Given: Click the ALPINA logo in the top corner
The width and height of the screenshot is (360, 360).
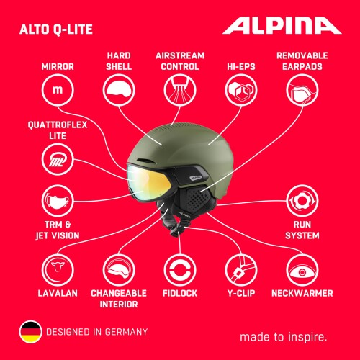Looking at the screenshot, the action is coord(282,26).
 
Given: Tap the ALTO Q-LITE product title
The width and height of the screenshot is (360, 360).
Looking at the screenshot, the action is coord(56,30).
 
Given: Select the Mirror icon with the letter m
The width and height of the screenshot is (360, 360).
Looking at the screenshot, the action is coord(58,90).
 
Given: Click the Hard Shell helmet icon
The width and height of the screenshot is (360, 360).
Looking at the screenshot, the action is coord(119,90).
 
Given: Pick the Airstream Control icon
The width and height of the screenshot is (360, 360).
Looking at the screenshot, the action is coord(180,90).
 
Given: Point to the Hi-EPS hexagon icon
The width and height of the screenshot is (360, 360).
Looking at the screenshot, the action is coord(241,90).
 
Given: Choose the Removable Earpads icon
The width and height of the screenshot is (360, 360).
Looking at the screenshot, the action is coord(302,90).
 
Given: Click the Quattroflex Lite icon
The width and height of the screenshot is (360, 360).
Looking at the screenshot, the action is coord(58,159).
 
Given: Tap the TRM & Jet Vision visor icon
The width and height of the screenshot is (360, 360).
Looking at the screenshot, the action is coord(58,201).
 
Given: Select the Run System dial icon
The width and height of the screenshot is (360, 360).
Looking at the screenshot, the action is coord(302,201).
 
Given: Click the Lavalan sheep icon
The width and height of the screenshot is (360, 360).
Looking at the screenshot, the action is coord(58,270).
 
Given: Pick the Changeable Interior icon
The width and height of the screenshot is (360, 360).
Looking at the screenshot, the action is coord(119,270).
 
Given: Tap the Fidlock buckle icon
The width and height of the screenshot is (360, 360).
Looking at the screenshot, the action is coord(180,270).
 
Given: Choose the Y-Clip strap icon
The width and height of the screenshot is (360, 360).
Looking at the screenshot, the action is coord(241,270).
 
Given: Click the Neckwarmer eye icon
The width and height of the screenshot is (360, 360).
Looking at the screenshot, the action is coord(302,270).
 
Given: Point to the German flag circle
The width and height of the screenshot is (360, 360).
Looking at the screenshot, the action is coord(30,332).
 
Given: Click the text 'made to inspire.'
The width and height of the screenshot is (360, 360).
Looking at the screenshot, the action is coord(284,337).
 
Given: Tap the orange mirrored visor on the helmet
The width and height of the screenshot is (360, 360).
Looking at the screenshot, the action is coord(149,182).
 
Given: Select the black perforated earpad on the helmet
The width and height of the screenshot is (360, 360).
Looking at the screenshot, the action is coord(196,199).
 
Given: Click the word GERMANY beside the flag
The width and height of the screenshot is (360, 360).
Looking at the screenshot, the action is coord(126,332).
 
